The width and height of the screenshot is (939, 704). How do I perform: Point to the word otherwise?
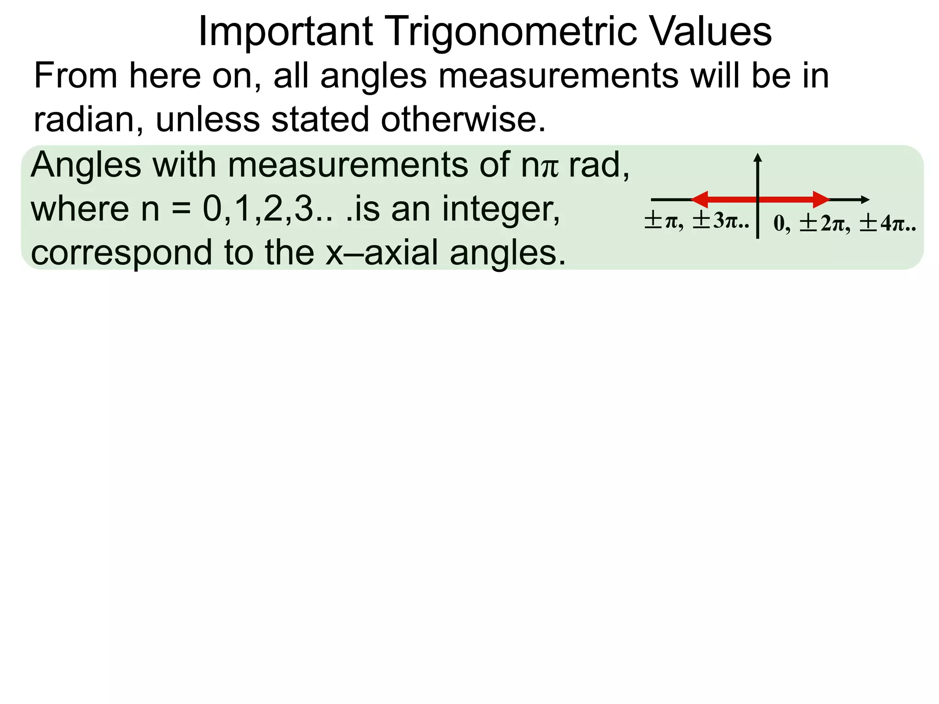pos(463,119)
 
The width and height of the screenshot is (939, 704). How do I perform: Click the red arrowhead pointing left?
pos(700,199)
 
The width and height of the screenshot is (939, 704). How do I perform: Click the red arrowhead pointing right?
pos(821,199)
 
